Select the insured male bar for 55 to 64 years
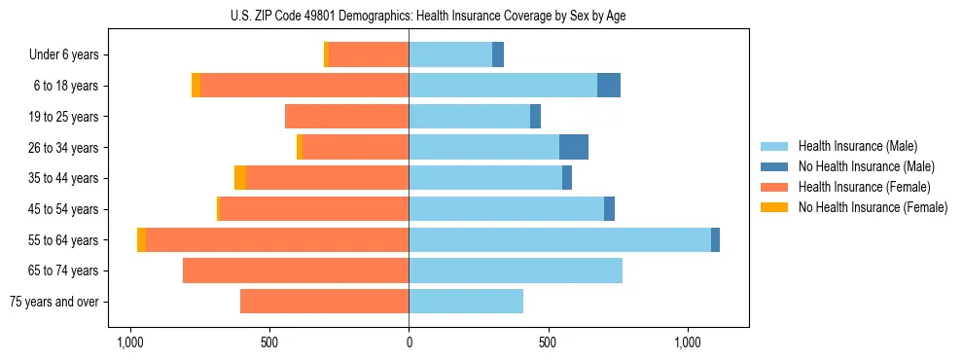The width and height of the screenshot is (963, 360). coord(559,239)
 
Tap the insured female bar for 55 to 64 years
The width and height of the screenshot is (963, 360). coord(277,239)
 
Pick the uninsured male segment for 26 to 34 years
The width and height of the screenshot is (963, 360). coord(574,147)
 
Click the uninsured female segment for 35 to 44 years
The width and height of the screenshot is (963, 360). coord(240,178)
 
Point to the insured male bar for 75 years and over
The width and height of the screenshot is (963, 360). coord(466,302)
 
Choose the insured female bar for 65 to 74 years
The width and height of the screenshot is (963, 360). coord(296,270)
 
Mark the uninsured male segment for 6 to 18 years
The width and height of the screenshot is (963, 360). coord(609,86)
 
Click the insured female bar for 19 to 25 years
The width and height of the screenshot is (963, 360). coord(346,117)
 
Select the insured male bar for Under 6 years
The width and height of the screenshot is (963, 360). coord(450,54)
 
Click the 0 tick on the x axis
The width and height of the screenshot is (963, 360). coord(409,343)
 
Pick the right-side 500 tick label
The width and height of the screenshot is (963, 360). coord(549,343)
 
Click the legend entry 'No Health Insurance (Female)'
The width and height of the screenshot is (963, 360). coord(873,207)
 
